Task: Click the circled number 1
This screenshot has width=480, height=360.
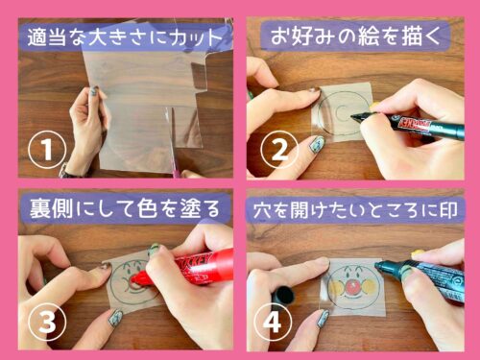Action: coord(47,150)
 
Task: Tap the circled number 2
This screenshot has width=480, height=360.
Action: coord(279,150)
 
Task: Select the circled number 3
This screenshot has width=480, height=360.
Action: coord(47,322)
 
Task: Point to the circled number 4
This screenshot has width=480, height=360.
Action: coord(273,322)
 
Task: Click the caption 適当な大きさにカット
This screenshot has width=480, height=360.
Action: coord(125,37)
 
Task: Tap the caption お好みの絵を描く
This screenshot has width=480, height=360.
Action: coord(355,36)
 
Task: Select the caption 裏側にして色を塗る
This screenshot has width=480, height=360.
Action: coord(125,209)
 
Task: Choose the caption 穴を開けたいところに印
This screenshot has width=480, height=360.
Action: coord(355,210)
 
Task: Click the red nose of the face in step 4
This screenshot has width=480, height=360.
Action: coord(352,287)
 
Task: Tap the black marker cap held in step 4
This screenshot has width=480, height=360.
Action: coord(283,295)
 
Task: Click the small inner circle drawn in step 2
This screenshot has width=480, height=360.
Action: coord(342,111)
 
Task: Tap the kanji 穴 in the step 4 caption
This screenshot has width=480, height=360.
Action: coord(262,210)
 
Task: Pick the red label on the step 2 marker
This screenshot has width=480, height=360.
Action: coord(414,123)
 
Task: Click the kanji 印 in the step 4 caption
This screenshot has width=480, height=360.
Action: coord(448,210)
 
